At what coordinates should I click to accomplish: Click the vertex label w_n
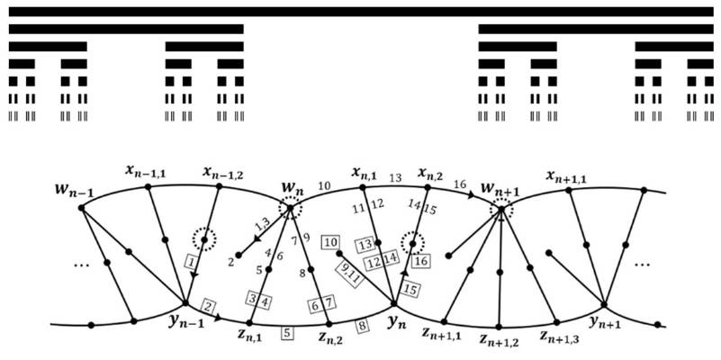(x=292, y=189)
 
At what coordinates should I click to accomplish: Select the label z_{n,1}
(x=249, y=338)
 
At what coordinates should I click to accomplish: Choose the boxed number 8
(x=363, y=326)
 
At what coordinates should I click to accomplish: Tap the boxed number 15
(x=410, y=290)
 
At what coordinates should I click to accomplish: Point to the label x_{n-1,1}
(x=145, y=173)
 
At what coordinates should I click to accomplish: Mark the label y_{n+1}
(x=605, y=323)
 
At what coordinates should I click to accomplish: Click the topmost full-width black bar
(x=361, y=12)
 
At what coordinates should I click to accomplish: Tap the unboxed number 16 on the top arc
(x=459, y=184)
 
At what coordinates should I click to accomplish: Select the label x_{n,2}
(x=428, y=173)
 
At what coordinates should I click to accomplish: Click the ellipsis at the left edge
(x=80, y=265)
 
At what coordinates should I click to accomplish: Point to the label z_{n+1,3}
(x=559, y=339)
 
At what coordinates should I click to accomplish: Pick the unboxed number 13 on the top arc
(x=395, y=178)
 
